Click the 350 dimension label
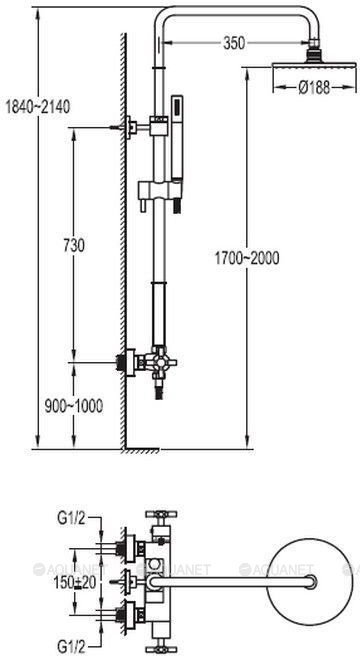[234, 43]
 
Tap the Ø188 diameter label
[314, 88]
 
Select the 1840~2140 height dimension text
[37, 107]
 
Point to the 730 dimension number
[74, 246]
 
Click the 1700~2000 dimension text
[247, 258]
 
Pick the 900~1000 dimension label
[74, 405]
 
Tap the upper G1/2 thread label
[71, 519]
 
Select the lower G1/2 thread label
[71, 648]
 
